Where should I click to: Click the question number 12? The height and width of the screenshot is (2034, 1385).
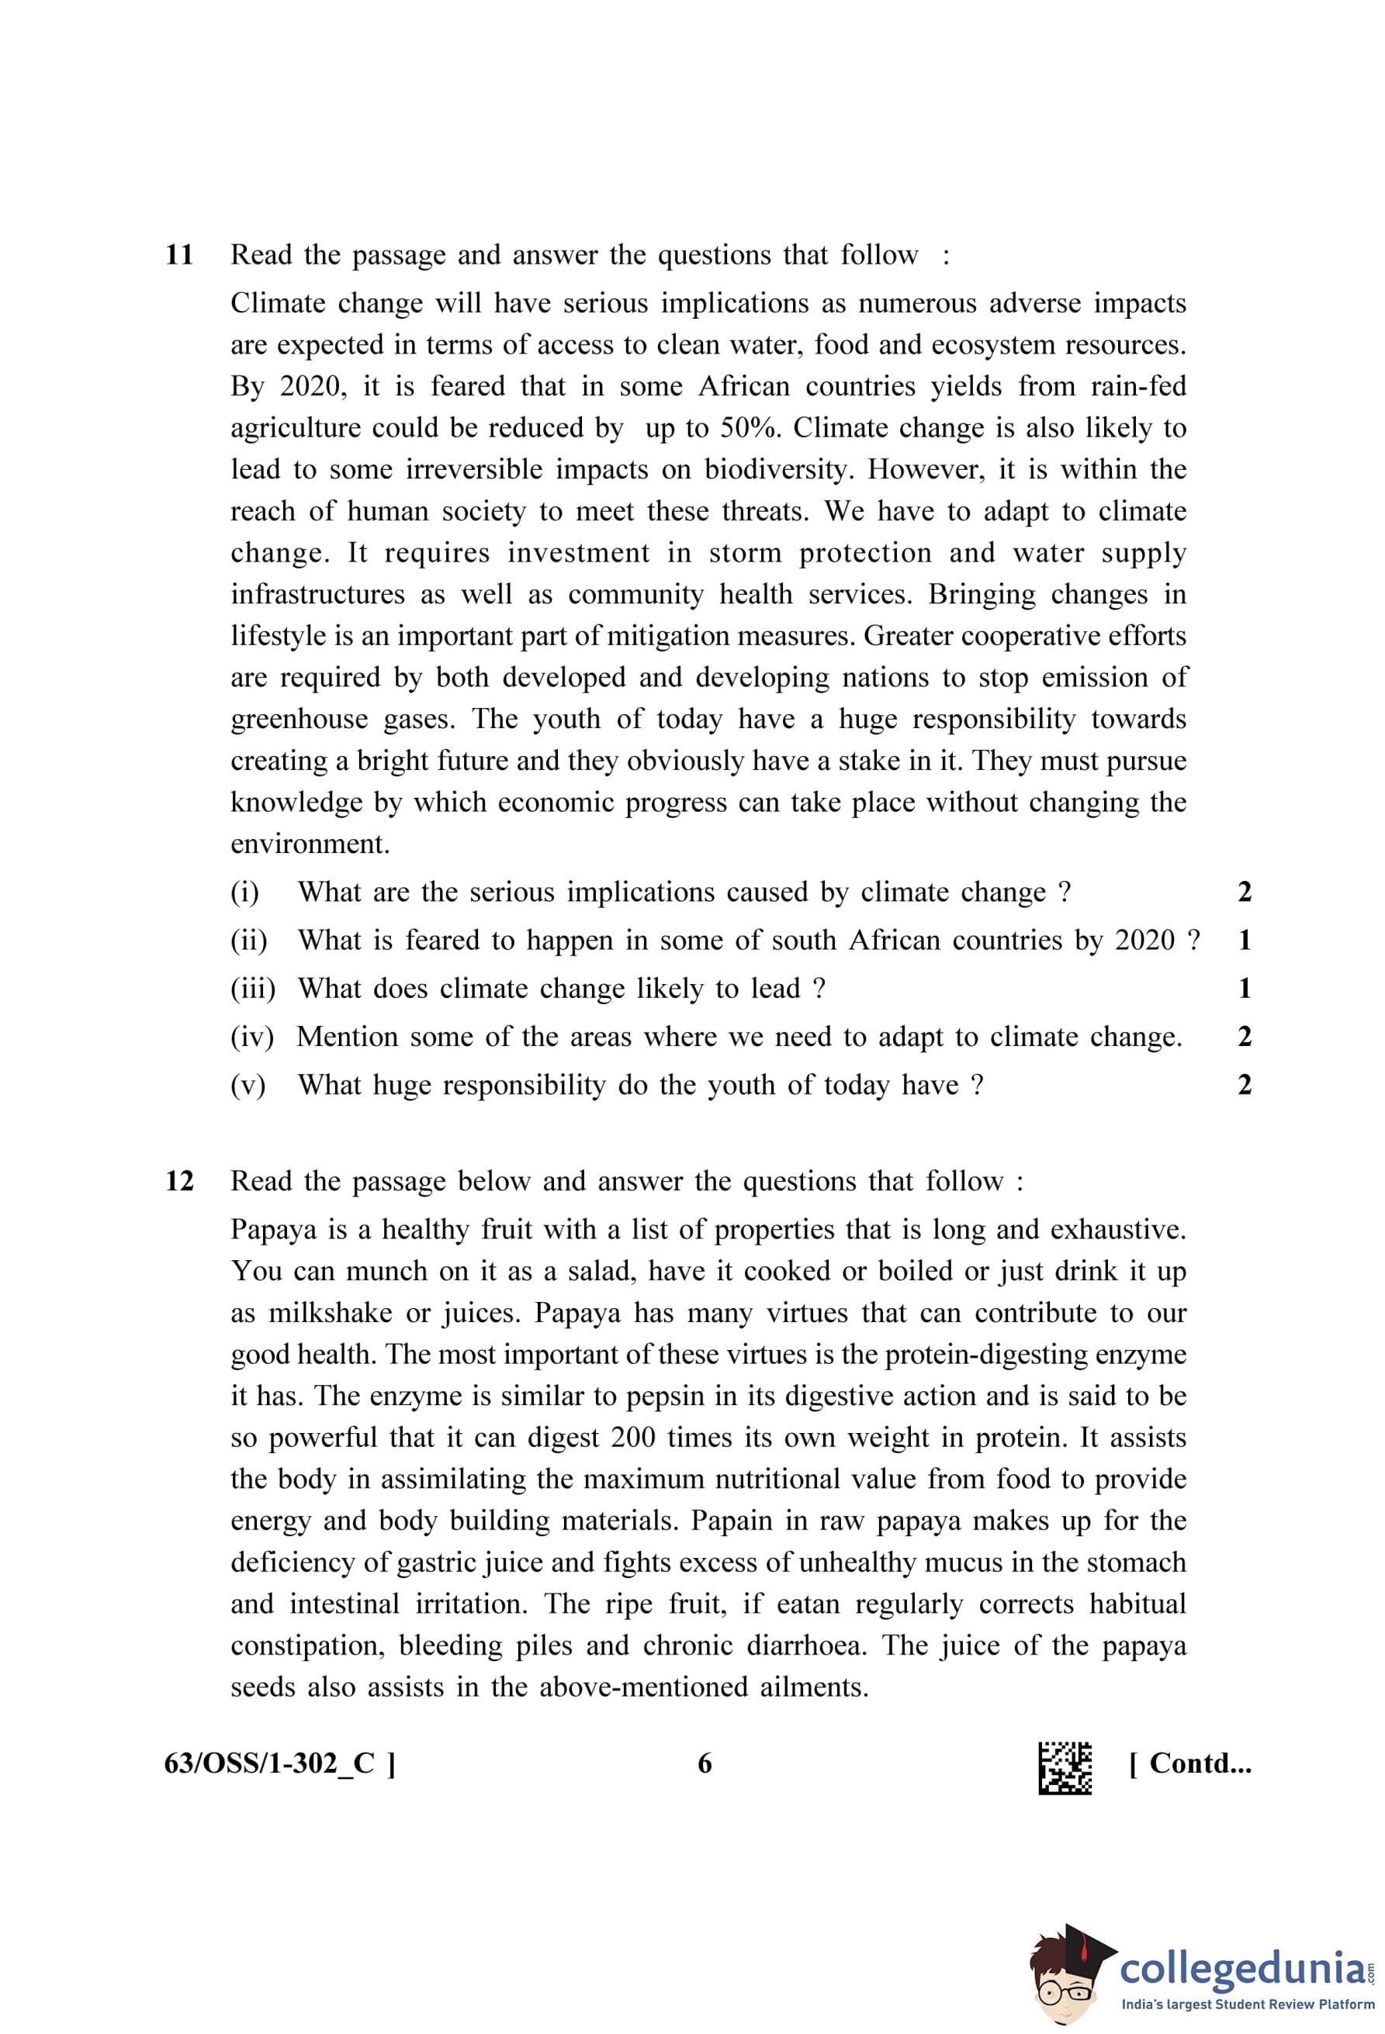(x=178, y=1181)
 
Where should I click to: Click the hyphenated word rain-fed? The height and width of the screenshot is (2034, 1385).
(x=1138, y=386)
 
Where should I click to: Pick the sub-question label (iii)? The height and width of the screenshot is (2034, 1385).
(x=252, y=989)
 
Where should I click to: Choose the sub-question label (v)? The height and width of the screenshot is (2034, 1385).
(x=248, y=1086)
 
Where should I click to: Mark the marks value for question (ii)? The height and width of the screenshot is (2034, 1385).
(x=1244, y=941)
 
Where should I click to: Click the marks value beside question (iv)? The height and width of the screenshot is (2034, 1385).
(x=1244, y=1037)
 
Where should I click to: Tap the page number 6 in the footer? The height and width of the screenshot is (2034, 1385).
(x=705, y=1763)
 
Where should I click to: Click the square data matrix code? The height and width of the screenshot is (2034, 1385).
(x=1064, y=1768)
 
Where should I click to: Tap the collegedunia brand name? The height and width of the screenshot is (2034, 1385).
(x=1241, y=1969)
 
